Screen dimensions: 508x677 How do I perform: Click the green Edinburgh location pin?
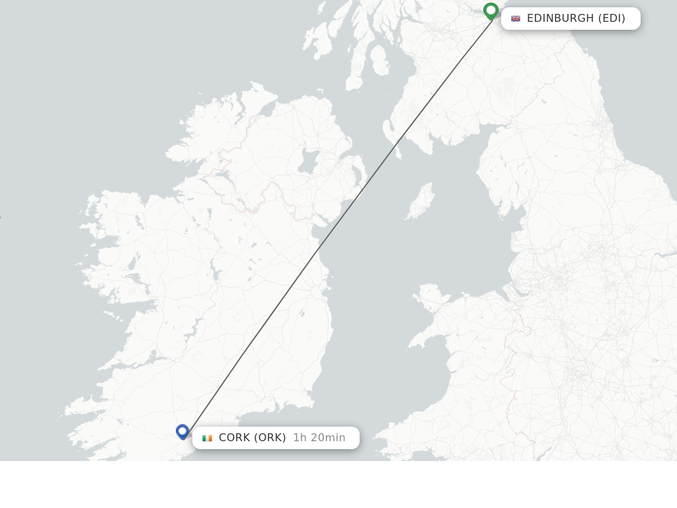tap(491, 11)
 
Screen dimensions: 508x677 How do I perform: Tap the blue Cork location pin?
tap(182, 431)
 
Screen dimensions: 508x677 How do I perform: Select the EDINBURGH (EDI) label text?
tap(576, 19)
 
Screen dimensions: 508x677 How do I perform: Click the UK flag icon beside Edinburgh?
tap(516, 19)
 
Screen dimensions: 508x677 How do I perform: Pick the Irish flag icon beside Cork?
tap(207, 438)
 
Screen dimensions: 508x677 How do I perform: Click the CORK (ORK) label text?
tap(252, 438)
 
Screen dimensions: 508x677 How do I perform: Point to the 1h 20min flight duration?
tap(319, 438)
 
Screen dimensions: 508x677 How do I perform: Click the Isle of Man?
tap(421, 202)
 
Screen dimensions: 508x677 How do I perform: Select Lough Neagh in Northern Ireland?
tap(308, 161)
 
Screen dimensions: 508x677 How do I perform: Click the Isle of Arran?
tap(379, 60)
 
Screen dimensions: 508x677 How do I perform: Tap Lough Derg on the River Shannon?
tap(212, 271)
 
